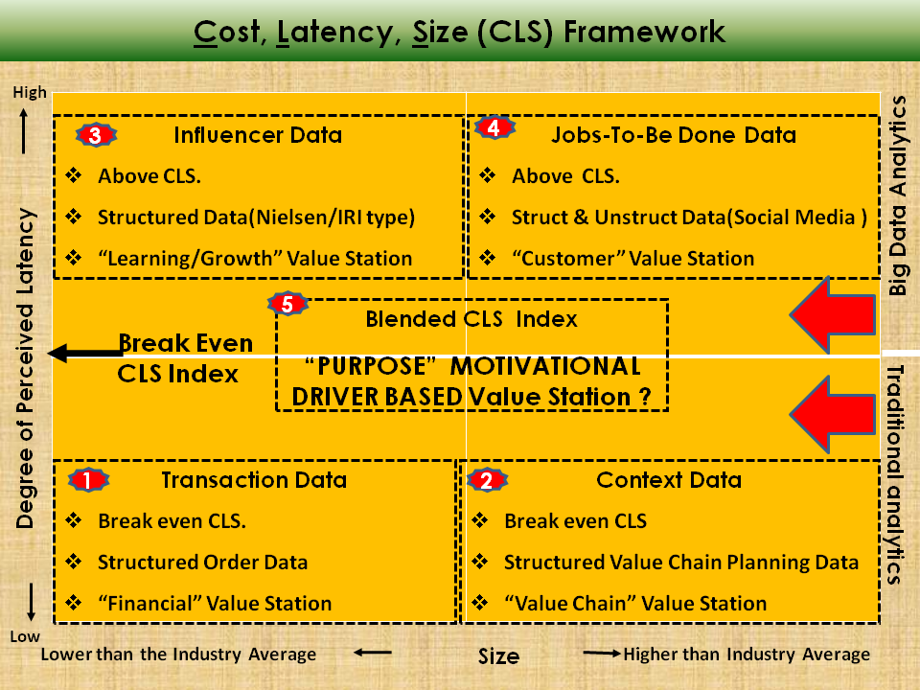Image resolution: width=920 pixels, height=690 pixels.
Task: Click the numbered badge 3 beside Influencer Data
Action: [94, 135]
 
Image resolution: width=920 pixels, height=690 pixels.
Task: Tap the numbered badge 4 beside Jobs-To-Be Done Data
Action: [494, 128]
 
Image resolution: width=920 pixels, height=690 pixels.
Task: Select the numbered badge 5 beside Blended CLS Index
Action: [288, 304]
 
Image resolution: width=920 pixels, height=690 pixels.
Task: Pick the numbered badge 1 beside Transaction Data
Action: [87, 479]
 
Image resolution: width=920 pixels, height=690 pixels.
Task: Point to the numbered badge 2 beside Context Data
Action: [486, 480]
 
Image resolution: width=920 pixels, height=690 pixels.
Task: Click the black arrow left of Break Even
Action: [81, 354]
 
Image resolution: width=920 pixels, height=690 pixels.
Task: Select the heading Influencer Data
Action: [258, 135]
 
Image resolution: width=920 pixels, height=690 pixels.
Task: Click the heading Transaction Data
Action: [254, 480]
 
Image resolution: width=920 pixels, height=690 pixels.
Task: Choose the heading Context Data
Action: [669, 480]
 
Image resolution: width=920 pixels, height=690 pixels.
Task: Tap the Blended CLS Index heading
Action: [471, 319]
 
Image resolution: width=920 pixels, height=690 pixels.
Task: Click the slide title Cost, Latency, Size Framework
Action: [460, 32]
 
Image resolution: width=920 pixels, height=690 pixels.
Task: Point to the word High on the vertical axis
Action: [30, 92]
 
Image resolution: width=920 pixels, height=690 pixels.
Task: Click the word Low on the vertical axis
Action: [26, 636]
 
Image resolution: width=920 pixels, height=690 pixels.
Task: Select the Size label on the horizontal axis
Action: [498, 656]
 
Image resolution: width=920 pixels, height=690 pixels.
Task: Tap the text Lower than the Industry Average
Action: [178, 655]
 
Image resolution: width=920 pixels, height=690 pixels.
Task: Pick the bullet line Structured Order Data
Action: [202, 563]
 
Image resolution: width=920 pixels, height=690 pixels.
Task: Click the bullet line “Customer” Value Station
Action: [632, 259]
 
